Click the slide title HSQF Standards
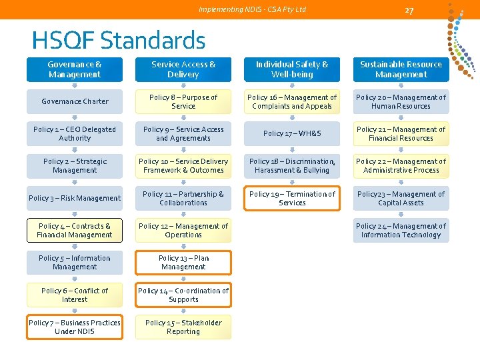(x=118, y=41)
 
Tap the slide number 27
(x=409, y=10)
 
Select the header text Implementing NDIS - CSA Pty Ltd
(x=253, y=9)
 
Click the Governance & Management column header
(x=75, y=69)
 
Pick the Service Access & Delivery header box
(x=183, y=69)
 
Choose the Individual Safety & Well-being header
(x=292, y=69)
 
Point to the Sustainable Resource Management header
(x=401, y=69)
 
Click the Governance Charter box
(x=75, y=101)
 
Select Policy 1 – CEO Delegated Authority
(x=75, y=133)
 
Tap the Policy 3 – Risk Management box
(x=75, y=198)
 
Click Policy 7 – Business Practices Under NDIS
(x=75, y=327)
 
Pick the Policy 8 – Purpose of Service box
(x=183, y=101)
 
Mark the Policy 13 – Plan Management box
(x=183, y=262)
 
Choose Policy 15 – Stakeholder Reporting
(x=183, y=327)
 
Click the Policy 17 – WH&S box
(x=292, y=133)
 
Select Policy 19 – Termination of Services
(x=292, y=198)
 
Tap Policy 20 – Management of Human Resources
(x=401, y=101)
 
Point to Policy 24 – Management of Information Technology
(x=401, y=230)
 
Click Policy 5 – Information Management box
(x=75, y=262)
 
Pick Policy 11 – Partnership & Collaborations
(x=183, y=198)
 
